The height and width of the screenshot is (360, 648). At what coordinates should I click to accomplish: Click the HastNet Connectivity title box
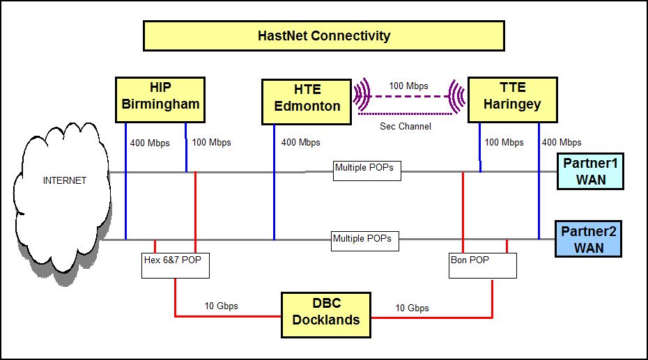[323, 36]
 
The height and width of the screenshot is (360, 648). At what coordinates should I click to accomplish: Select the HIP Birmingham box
[160, 100]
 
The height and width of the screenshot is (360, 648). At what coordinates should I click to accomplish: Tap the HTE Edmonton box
[307, 102]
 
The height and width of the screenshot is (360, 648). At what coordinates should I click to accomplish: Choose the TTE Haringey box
[512, 100]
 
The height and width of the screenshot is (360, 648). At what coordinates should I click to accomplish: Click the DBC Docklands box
[325, 315]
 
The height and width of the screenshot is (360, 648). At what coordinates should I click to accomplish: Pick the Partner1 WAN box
[590, 171]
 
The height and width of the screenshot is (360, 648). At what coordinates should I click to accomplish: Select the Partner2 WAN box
[588, 239]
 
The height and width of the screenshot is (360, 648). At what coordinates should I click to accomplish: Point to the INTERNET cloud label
[65, 180]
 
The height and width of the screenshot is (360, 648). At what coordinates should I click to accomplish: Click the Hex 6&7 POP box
[175, 265]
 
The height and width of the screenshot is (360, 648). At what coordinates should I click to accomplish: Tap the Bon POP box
[483, 265]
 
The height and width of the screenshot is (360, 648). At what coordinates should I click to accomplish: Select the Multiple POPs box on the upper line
[367, 171]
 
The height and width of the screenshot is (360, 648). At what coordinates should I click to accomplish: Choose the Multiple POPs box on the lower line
[365, 241]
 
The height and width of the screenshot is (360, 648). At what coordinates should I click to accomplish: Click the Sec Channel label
[406, 126]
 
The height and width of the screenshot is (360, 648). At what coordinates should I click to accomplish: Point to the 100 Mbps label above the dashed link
[409, 86]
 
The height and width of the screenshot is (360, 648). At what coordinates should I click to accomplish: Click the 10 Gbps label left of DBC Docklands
[221, 306]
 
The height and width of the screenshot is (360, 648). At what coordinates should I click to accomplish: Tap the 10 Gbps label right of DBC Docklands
[412, 308]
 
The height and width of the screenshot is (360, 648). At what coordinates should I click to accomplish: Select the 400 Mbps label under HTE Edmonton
[301, 143]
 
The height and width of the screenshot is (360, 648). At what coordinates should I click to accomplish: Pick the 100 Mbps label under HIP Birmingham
[212, 143]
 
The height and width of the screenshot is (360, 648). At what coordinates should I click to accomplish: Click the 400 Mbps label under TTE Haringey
[562, 143]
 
